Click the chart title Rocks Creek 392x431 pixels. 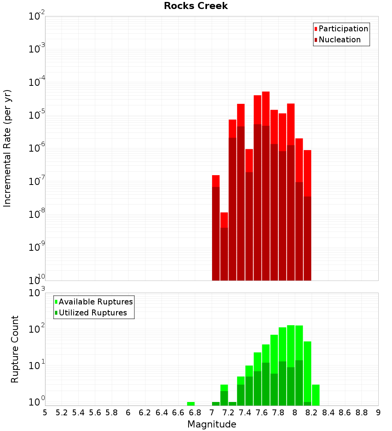point(196,6)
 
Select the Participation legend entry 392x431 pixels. point(343,29)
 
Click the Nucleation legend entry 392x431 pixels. point(339,40)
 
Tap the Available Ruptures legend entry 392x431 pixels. point(96,302)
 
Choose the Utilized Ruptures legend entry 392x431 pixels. point(93,313)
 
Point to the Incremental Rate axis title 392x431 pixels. point(7,148)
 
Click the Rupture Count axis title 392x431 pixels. point(15,349)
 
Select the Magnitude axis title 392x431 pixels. point(212,424)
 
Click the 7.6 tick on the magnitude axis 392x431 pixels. point(261,413)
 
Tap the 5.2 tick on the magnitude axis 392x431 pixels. point(62,413)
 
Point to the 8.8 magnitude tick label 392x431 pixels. point(361,413)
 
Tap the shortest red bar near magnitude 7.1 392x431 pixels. point(224,220)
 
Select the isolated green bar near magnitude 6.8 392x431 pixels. point(191,404)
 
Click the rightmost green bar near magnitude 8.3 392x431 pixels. point(316,395)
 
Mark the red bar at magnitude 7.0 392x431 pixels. point(216,181)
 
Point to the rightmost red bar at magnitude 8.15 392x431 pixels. point(307,172)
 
